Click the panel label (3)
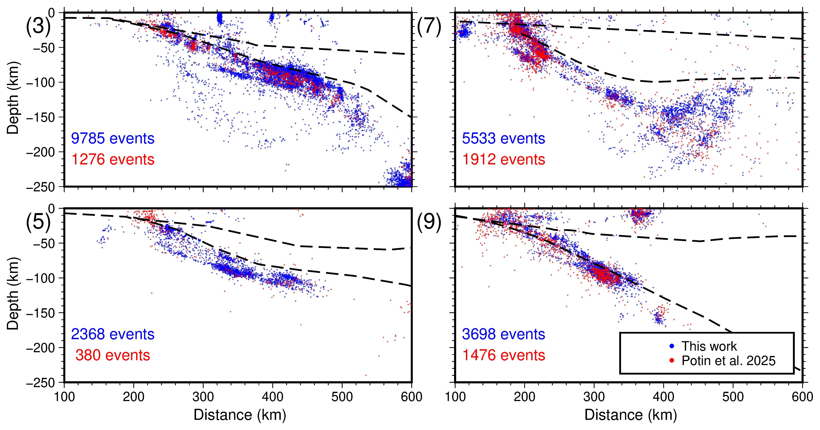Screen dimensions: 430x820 [x=38, y=26]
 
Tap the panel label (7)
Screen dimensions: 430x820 [x=429, y=26]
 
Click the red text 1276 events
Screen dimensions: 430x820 [x=113, y=159]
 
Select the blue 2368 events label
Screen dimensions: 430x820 [x=113, y=334]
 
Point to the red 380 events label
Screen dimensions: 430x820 [x=113, y=355]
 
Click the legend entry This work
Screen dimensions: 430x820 [x=709, y=346]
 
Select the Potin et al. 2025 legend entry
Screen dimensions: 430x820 [x=728, y=361]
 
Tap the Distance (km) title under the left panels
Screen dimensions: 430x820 [x=240, y=415]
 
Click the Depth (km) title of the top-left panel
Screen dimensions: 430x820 [x=13, y=97]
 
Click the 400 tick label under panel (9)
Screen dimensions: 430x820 [x=663, y=397]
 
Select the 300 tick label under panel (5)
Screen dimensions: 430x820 [x=203, y=397]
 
